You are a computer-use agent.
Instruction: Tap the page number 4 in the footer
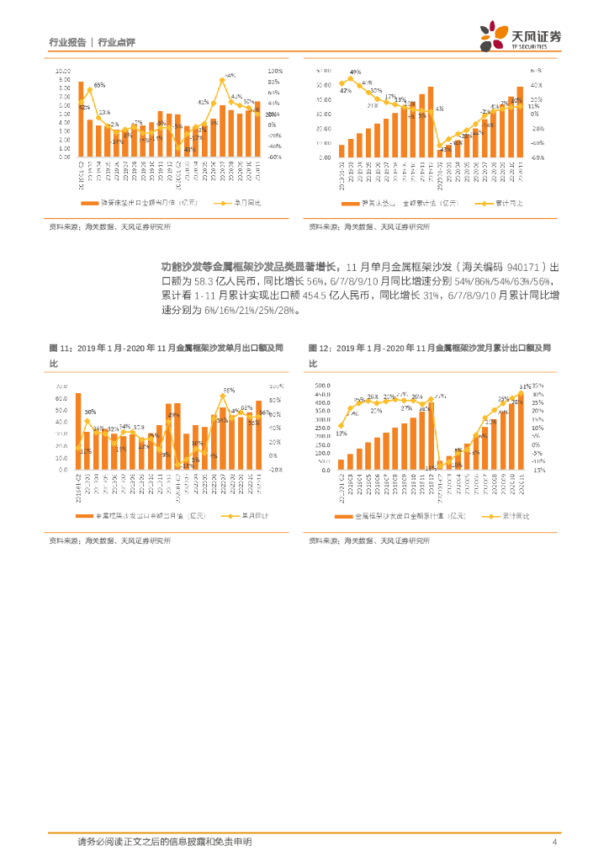point(554,842)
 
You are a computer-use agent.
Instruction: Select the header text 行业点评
point(117,41)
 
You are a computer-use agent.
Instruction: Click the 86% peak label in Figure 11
point(228,391)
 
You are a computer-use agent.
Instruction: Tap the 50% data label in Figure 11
point(90,412)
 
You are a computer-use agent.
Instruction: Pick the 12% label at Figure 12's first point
point(341,434)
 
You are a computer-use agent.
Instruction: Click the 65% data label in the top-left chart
point(99,85)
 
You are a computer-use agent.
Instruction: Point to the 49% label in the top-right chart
point(355,72)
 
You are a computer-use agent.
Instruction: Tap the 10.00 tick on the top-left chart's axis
point(64,71)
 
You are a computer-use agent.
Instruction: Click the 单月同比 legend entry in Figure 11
point(242,515)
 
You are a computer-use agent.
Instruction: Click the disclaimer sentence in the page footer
point(164,842)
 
